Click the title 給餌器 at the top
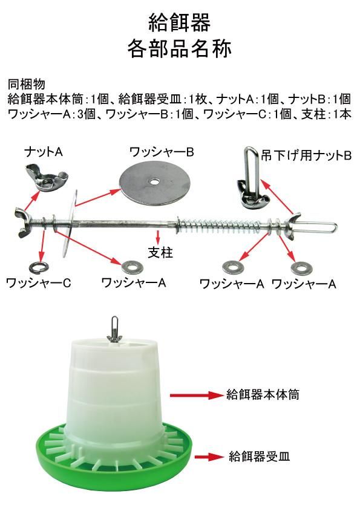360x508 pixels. (180, 22)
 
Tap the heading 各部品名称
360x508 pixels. (180, 48)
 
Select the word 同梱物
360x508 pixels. (26, 85)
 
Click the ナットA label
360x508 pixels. (44, 152)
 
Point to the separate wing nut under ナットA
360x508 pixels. (47, 177)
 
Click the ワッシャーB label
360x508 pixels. (162, 152)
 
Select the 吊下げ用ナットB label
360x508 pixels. (306, 156)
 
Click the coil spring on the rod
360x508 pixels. (220, 224)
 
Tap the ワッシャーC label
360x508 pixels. (38, 283)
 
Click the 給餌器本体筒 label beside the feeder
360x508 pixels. (263, 394)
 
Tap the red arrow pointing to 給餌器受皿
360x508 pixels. (209, 457)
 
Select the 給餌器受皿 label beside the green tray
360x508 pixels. (259, 456)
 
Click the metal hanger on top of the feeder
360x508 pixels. (114, 330)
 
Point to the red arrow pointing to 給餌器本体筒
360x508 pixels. (197, 395)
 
